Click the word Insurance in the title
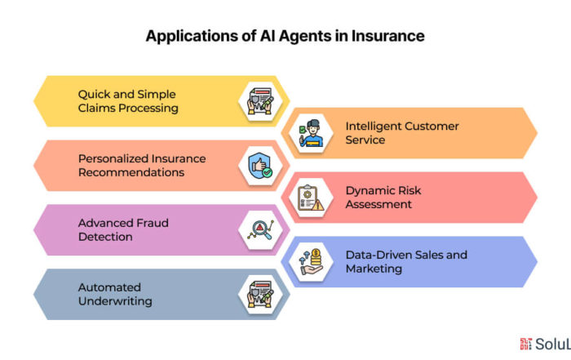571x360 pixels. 387,36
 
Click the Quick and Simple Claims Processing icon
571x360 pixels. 260,101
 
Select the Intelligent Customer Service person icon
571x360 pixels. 311,133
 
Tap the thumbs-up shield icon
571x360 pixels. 260,166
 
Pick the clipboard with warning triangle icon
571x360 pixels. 311,198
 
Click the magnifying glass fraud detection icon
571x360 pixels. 260,230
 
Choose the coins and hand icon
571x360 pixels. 311,261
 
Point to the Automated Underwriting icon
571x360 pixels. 260,295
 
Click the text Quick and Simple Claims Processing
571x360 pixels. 128,101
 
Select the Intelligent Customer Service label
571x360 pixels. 402,133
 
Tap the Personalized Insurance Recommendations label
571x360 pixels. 142,166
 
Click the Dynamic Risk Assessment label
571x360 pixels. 383,197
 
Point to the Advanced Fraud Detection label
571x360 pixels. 123,229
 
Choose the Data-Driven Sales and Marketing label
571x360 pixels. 406,261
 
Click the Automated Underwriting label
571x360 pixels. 115,294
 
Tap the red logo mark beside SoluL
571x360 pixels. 526,344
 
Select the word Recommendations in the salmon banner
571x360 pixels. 131,172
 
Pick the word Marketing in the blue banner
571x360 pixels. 374,269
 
